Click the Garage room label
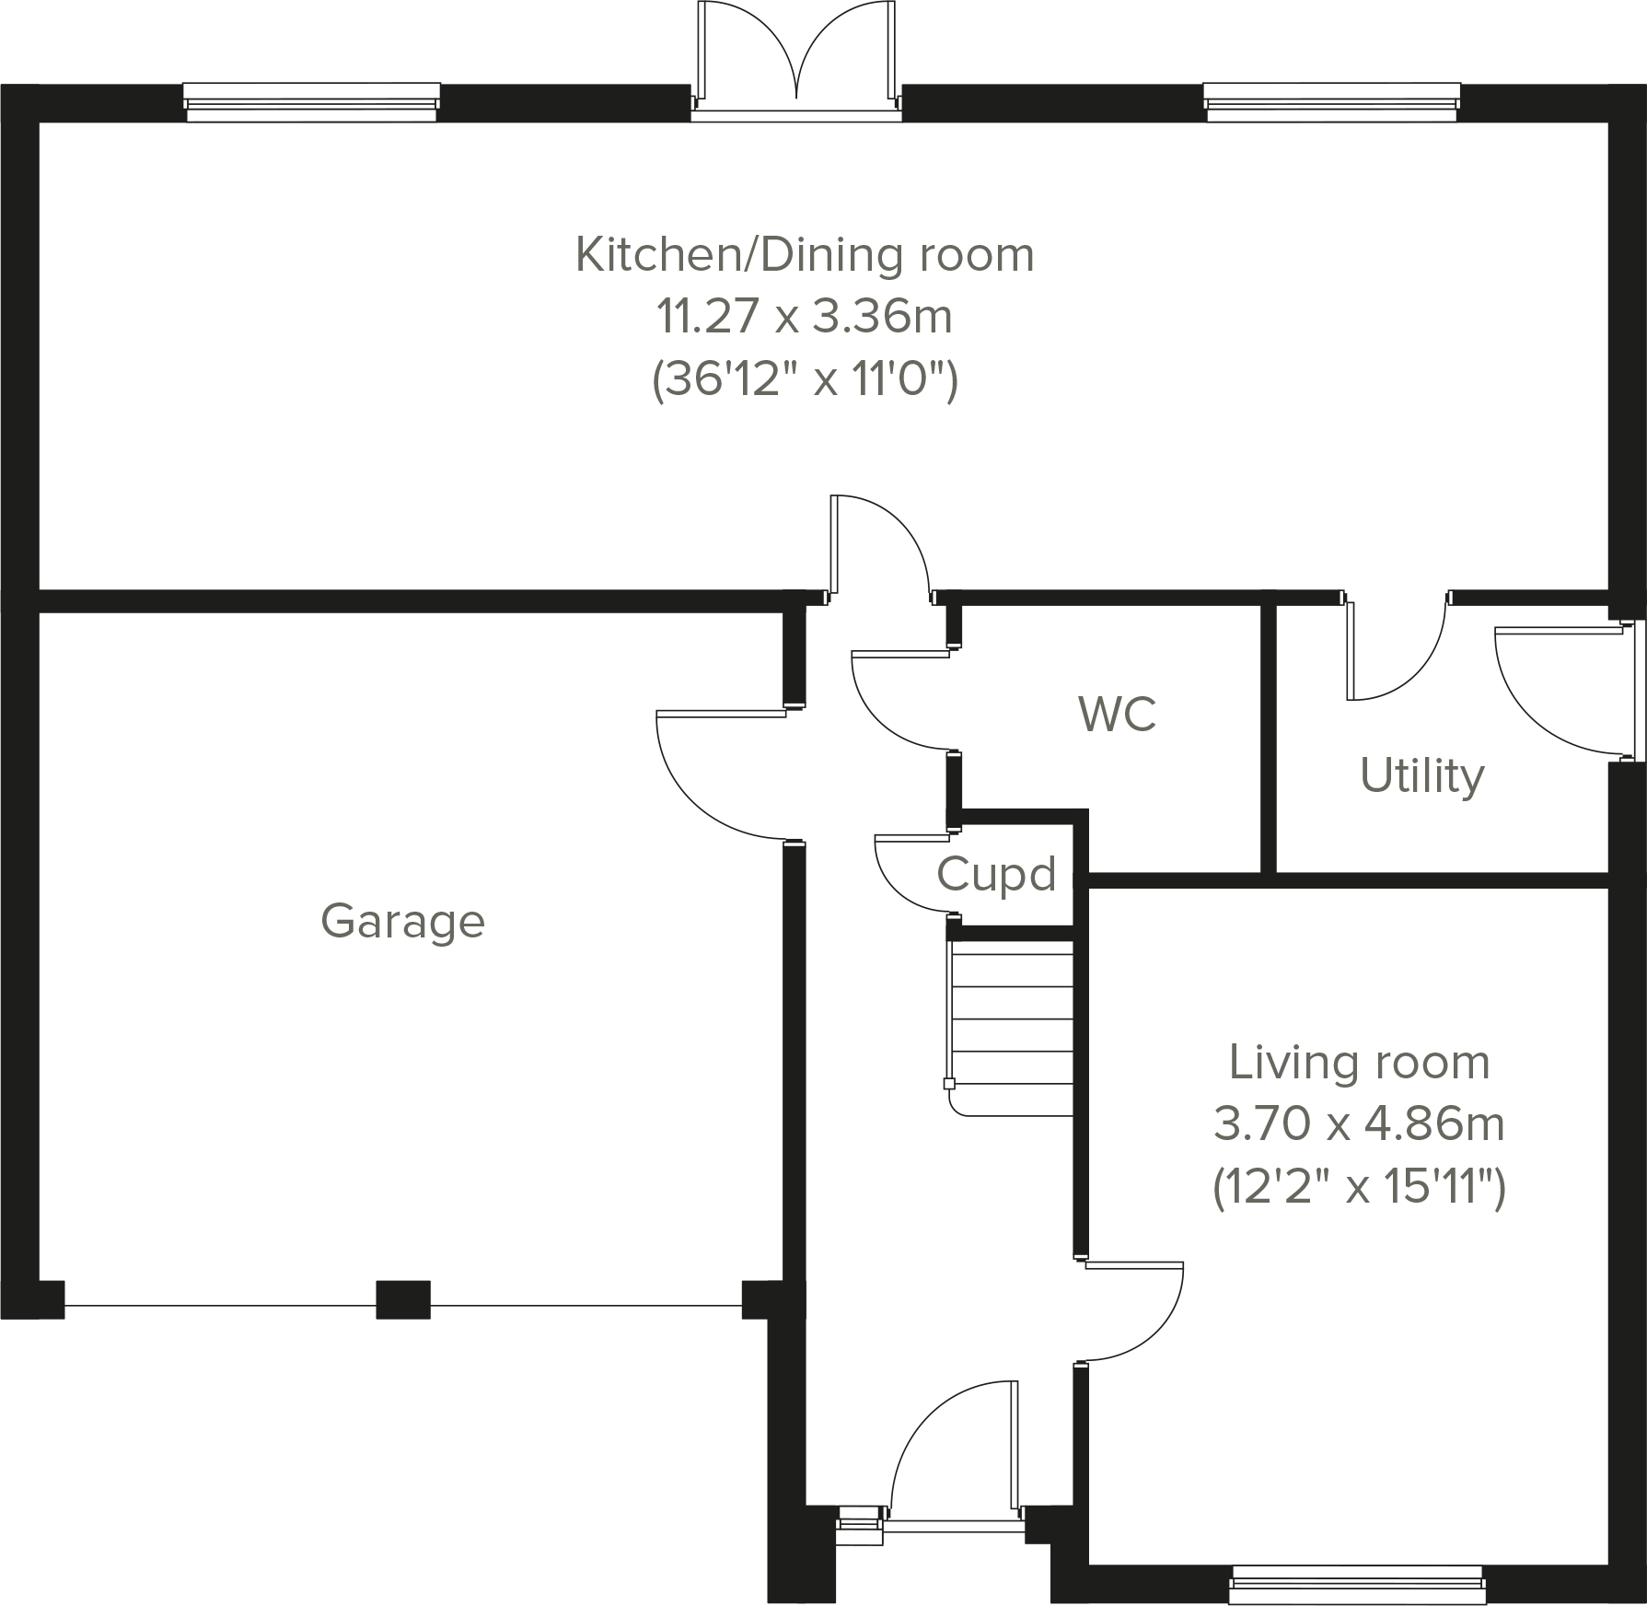tap(402, 922)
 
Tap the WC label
tap(1117, 714)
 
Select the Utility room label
tap(1421, 775)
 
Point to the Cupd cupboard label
tap(996, 874)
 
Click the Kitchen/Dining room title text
tap(805, 255)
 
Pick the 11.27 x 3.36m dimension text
tap(804, 317)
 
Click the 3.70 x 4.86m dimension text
tap(1359, 1124)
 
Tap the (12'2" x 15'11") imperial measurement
tap(1359, 1187)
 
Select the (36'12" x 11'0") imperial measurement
tap(805, 379)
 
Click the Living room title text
tap(1359, 1063)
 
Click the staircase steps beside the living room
tap(1013, 1022)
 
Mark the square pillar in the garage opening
tap(402, 1299)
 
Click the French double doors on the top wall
tap(796, 55)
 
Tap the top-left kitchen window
tap(311, 101)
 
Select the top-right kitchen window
tap(1331, 101)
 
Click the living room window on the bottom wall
tap(1356, 1583)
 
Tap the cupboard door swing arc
tap(898, 884)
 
